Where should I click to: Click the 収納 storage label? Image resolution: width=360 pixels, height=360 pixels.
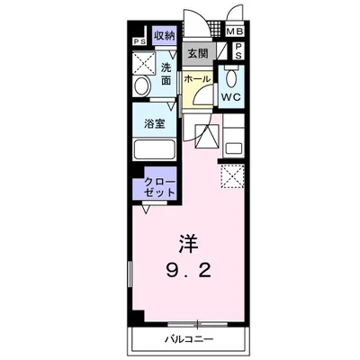click(163, 35)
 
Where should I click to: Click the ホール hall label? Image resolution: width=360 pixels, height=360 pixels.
click(198, 79)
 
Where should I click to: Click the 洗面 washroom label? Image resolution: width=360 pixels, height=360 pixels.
click(167, 74)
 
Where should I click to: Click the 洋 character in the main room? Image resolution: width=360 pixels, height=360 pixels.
click(186, 242)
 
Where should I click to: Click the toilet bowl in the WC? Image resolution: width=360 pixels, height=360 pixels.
click(230, 78)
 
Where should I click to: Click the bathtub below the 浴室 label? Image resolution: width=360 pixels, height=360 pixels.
click(155, 148)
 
